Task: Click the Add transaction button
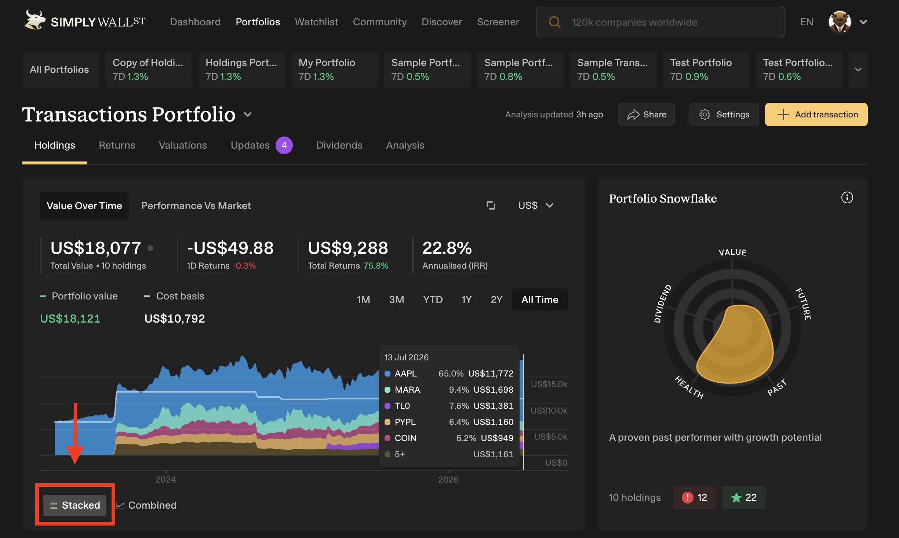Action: coord(816,114)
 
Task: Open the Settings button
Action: coord(724,114)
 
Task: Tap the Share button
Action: coord(646,114)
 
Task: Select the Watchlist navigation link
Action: coord(316,22)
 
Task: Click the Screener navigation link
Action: coord(498,22)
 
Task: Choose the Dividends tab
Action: coord(339,145)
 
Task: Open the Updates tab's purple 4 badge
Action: coord(284,145)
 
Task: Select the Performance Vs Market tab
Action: coord(196,206)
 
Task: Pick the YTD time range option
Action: coord(433,299)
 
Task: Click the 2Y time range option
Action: coord(496,299)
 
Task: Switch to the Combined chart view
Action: coord(146,505)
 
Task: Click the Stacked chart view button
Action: coord(74,505)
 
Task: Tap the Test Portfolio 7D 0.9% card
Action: coord(706,69)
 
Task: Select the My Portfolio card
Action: coord(334,69)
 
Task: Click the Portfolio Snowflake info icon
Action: coord(847,198)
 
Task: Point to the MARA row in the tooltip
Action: coord(449,390)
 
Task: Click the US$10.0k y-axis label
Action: coord(549,410)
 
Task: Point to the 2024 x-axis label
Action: coord(165,479)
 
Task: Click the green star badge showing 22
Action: coord(743,497)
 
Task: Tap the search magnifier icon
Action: coord(554,22)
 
